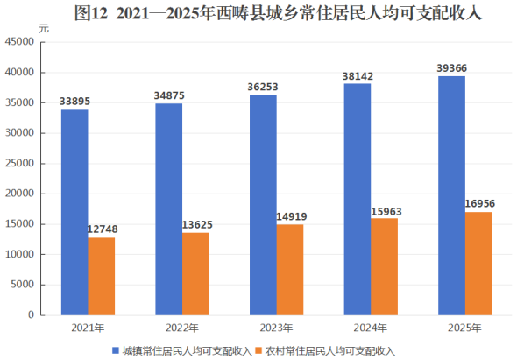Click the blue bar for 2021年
click(74, 212)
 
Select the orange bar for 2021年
click(102, 276)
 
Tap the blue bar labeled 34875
click(169, 209)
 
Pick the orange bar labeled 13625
click(196, 274)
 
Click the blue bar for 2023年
click(263, 205)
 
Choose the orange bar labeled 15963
click(384, 266)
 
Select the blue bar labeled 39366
click(451, 196)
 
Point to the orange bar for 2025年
click(478, 264)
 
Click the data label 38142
click(358, 76)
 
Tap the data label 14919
click(292, 216)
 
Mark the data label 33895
click(74, 102)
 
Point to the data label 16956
click(480, 203)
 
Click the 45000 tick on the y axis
click(19, 41)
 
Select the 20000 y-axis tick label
click(19, 194)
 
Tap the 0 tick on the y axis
click(31, 314)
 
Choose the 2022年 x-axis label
click(182, 328)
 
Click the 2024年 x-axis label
click(371, 328)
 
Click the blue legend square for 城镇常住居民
click(116, 350)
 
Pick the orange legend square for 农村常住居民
click(258, 350)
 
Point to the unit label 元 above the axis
click(44, 29)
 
